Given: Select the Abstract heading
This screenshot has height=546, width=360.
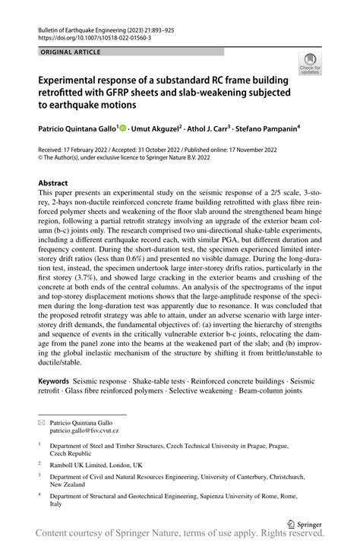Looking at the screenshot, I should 53,183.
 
